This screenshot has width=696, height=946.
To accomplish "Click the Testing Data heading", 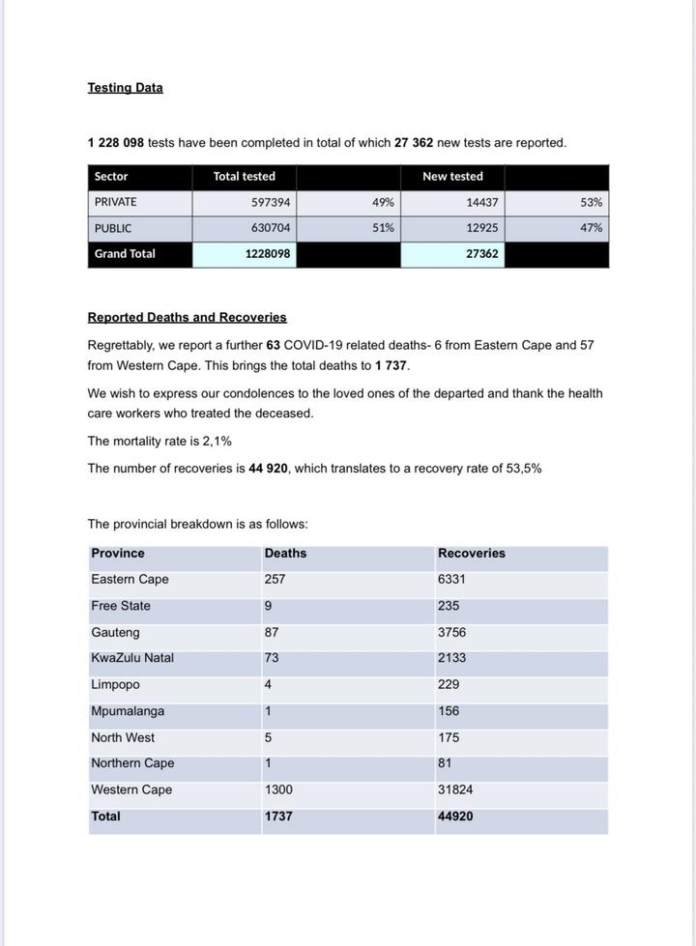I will coord(125,88).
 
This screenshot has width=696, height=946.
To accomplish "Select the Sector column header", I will coord(111,177).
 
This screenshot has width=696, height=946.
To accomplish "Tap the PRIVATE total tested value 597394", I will coord(271,203).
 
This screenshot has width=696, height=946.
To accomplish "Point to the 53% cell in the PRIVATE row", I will coord(592,203).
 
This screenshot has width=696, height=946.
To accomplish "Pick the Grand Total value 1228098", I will coord(267,254).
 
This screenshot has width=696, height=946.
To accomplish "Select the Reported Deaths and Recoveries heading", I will coord(187,317).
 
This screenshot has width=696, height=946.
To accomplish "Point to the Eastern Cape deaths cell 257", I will coord(275,580).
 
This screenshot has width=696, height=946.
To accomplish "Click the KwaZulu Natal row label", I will coord(132,659).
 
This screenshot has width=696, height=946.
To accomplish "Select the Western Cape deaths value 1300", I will coord(278,790).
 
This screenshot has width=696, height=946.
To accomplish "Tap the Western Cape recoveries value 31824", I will coord(455,790).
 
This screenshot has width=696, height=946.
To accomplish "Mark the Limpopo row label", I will coord(115,685).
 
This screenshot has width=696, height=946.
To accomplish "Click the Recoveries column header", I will coord(471,554).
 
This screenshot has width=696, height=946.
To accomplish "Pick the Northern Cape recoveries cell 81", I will coord(445,763).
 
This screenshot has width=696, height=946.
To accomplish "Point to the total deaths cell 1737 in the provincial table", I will coord(278,817).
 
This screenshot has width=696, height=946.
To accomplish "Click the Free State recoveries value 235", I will coord(449,607).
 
